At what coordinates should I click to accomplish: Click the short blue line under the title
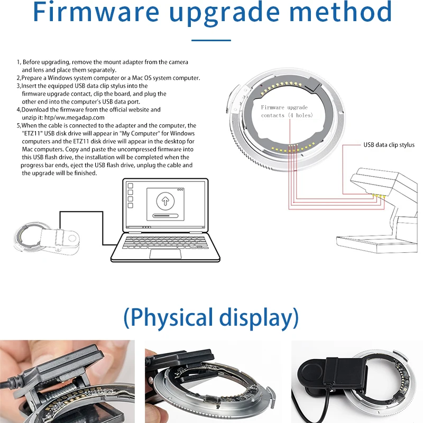point(211,40)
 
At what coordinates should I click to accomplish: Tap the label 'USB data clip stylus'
point(389,145)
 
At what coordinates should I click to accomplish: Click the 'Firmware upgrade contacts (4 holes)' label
point(287,111)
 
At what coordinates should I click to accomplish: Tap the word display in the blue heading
point(258,318)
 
